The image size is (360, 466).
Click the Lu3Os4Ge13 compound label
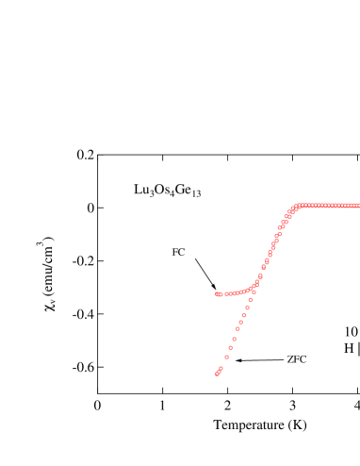[167, 191]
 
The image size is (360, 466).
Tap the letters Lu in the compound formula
[141, 190]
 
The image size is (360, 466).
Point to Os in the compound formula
[160, 190]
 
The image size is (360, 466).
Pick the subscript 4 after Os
[172, 194]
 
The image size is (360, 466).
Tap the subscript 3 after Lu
[152, 194]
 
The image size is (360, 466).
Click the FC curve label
[178, 252]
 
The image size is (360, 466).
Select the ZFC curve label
[296, 359]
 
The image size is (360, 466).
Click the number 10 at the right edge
[351, 332]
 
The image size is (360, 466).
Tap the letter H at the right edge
[349, 348]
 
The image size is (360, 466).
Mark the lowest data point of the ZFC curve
[217, 374]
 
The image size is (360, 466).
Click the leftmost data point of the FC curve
[217, 294]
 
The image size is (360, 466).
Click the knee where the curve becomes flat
[298, 206]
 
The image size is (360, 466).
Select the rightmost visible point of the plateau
[357, 206]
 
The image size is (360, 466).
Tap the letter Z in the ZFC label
[290, 359]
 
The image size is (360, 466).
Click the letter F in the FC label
[175, 252]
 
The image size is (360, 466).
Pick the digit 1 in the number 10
[347, 332]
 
